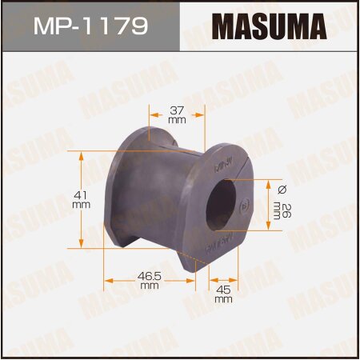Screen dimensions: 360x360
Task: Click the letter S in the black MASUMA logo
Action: (x=250, y=26)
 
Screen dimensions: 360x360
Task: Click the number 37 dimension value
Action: (x=178, y=110)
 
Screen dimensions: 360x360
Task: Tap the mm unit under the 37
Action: (x=178, y=120)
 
